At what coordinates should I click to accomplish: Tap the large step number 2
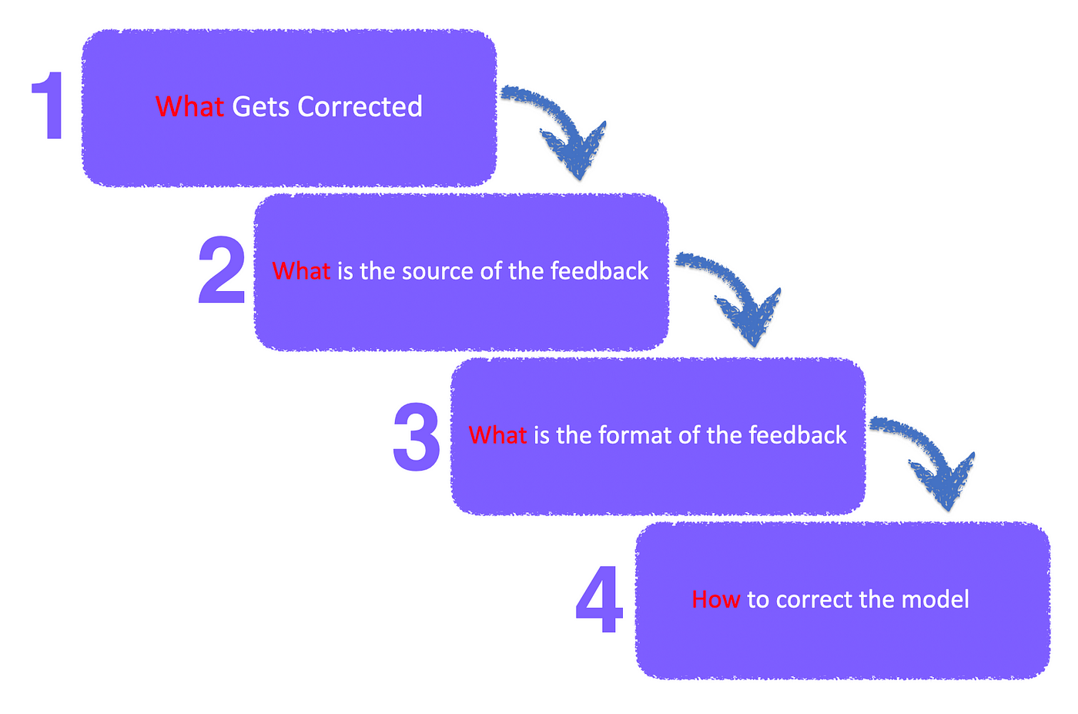tap(221, 270)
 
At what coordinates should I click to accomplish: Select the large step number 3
tap(417, 436)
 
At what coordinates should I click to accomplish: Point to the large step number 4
tap(599, 601)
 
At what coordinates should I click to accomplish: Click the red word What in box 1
tap(189, 106)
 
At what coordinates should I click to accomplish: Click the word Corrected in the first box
tap(360, 106)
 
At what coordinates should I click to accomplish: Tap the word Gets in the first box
tap(260, 106)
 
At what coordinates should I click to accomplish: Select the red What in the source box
tap(301, 271)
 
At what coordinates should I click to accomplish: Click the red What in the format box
tap(497, 435)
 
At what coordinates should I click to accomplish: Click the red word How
tap(715, 599)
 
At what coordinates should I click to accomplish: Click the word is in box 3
tap(541, 435)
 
